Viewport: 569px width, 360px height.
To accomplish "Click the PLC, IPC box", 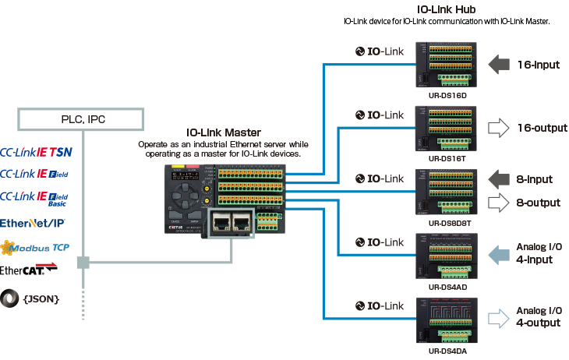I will [x=80, y=119].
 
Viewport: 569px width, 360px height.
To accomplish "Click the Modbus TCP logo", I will [x=37, y=249].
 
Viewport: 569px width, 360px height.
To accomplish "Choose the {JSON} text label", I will [x=44, y=298].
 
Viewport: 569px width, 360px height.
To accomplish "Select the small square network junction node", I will [x=83, y=264].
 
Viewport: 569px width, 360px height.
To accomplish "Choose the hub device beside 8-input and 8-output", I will [x=443, y=192].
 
